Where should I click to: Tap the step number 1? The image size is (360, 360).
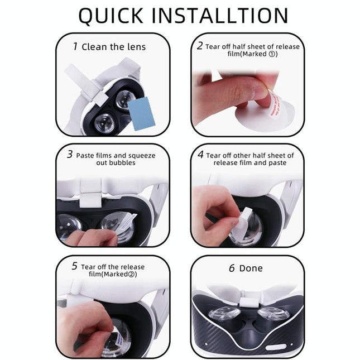pos(75,46)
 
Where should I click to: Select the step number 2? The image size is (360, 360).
pos(200,46)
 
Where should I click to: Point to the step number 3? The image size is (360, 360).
pos(70,155)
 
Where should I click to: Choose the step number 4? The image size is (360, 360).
pos(200,155)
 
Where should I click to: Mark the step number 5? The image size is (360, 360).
pos(74,266)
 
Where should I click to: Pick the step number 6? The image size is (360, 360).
pos(232,268)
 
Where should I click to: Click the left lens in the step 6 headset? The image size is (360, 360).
pos(224,314)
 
